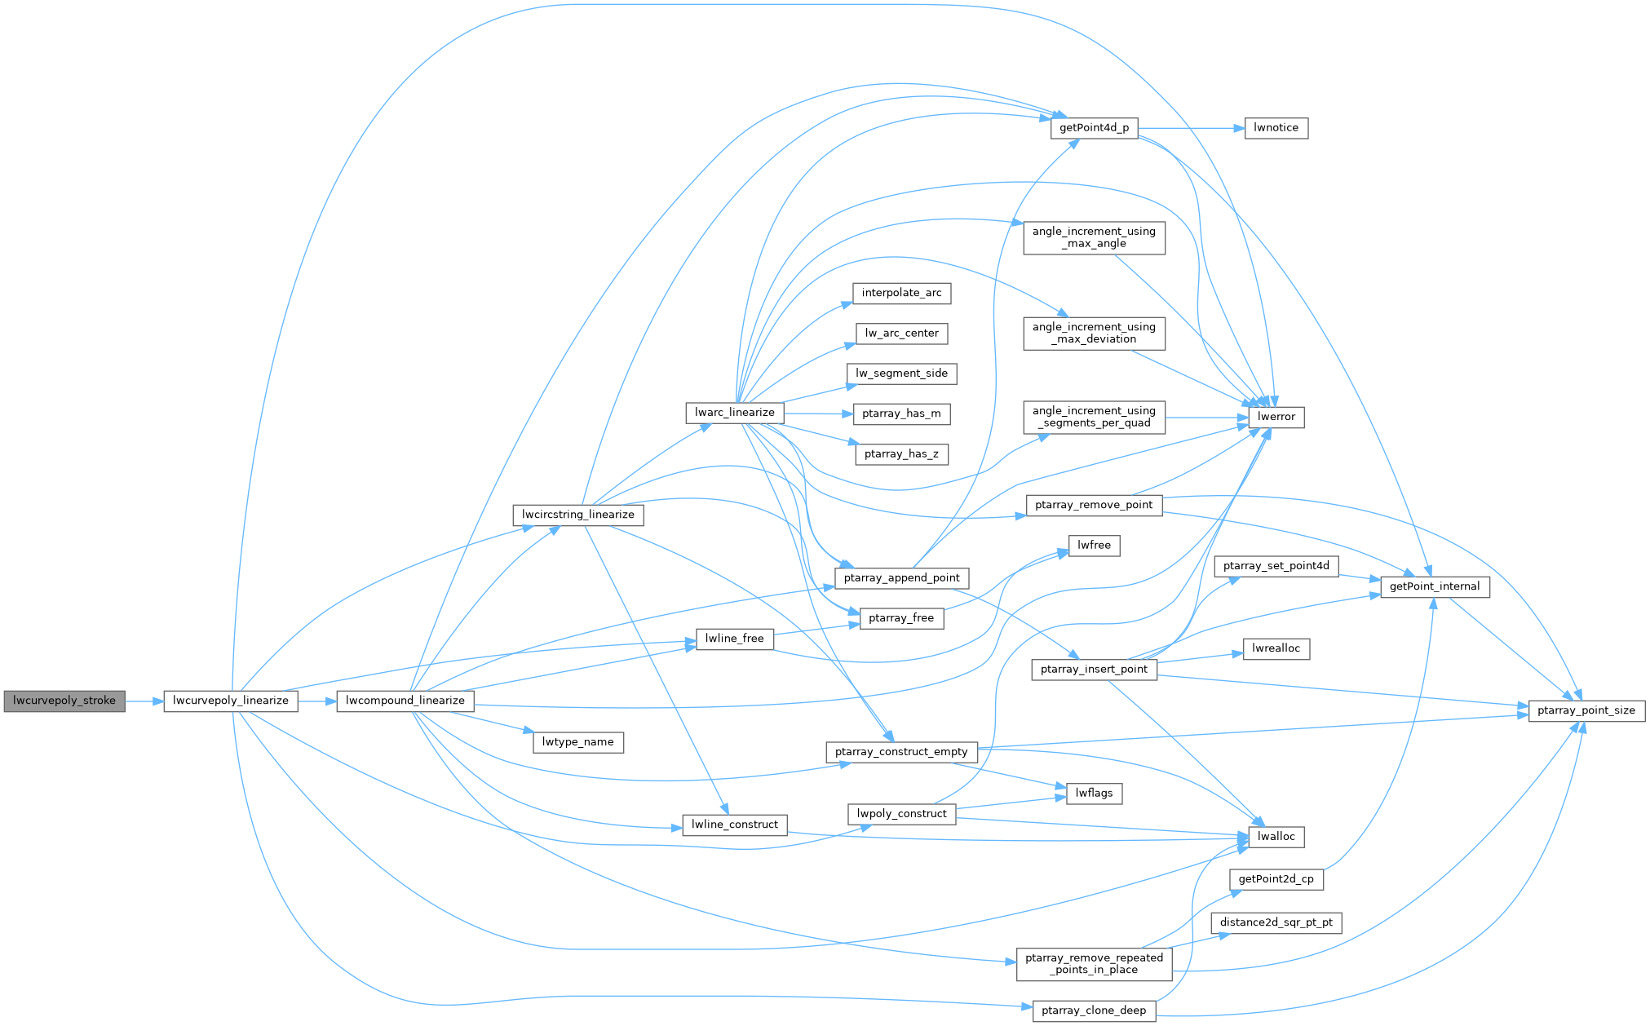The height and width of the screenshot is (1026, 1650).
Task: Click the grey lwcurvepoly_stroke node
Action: [x=64, y=701]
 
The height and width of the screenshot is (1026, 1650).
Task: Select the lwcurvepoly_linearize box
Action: [x=231, y=701]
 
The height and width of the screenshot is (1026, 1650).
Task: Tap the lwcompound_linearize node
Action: [x=405, y=701]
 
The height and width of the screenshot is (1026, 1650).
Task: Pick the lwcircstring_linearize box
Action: [x=577, y=515]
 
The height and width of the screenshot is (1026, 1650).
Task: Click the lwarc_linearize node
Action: [x=734, y=413]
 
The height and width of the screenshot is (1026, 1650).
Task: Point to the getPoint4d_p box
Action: [x=1094, y=128]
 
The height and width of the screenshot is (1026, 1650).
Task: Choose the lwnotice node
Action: [x=1276, y=128]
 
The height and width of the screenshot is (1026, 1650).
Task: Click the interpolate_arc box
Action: [x=901, y=293]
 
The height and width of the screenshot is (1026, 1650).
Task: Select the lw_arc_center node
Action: [x=901, y=333]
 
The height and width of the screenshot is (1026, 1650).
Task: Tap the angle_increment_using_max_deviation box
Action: [x=1094, y=333]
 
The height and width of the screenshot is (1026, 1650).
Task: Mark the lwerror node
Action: [x=1276, y=417]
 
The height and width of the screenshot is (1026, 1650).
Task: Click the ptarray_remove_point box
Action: [x=1094, y=505]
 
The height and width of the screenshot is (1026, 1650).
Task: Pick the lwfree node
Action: [x=1094, y=545]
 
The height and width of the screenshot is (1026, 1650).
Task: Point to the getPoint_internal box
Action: [x=1434, y=586]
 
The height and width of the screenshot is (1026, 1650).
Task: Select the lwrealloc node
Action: [x=1276, y=648]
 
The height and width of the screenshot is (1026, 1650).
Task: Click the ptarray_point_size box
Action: [x=1586, y=710]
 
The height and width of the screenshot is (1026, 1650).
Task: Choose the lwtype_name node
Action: [x=577, y=742]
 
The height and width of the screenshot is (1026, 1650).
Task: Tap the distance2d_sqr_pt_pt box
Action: [x=1276, y=922]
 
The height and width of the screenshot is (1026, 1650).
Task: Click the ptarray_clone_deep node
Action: [x=1094, y=1011]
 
